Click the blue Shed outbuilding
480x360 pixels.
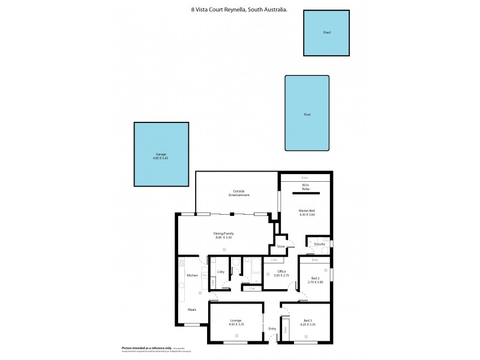pyautogui.click(x=326, y=33)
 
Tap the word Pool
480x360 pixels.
pyautogui.click(x=307, y=114)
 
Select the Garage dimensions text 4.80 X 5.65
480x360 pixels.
pyautogui.click(x=161, y=158)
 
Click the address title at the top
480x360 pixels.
pyautogui.click(x=239, y=10)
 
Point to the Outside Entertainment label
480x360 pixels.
pyautogui.click(x=238, y=193)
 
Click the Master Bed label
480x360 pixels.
pyautogui.click(x=307, y=211)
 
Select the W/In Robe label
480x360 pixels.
pyautogui.click(x=305, y=187)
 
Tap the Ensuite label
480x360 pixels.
pyautogui.click(x=320, y=244)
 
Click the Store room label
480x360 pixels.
pyautogui.click(x=281, y=246)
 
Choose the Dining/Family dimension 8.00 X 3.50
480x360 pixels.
pyautogui.click(x=224, y=238)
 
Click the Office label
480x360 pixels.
pyautogui.click(x=281, y=271)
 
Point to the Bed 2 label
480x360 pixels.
pyautogui.click(x=315, y=278)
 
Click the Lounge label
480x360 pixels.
pyautogui.click(x=235, y=321)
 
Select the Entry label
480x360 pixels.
pyautogui.click(x=272, y=328)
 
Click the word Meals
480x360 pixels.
pyautogui.click(x=192, y=310)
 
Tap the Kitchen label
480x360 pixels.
pyautogui.click(x=192, y=275)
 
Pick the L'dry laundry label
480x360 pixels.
pyautogui.click(x=221, y=272)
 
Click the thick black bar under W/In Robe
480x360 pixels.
pyautogui.click(x=307, y=193)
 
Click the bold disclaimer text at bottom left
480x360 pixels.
pyautogui.click(x=146, y=348)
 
